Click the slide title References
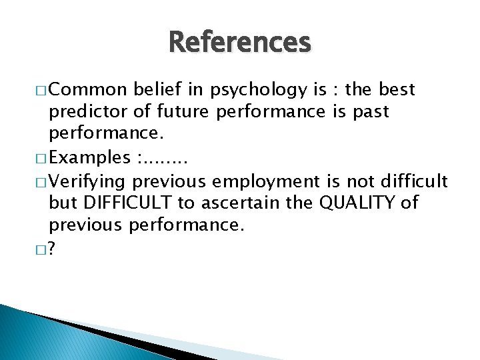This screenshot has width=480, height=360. coord(240,43)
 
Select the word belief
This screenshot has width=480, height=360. coord(157,89)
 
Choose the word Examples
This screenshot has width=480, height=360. coord(90,157)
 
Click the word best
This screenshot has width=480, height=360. coord(397,89)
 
